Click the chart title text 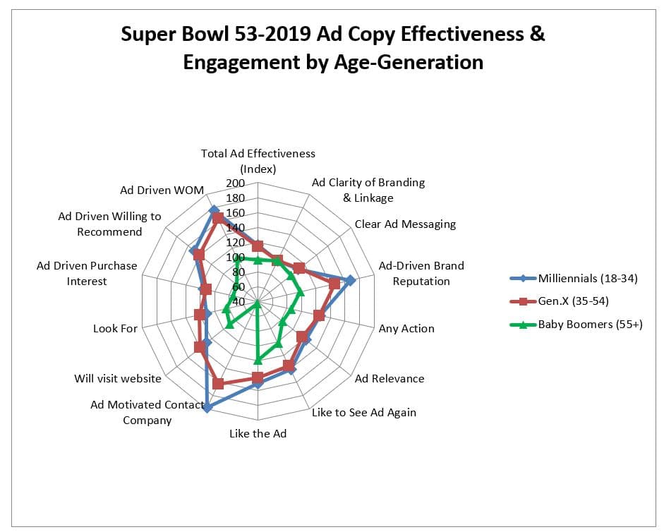point(332,48)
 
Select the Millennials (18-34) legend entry point(587,278)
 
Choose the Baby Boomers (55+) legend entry point(590,325)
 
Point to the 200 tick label point(235,183)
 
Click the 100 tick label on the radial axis point(235,258)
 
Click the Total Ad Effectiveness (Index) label point(258,161)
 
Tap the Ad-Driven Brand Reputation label point(421,273)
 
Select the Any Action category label point(406,328)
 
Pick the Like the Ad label point(258,433)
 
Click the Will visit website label point(118,378)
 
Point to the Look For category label point(115,328)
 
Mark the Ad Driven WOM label point(162,190)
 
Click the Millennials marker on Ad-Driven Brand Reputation point(351,280)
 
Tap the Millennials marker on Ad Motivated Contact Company point(207,407)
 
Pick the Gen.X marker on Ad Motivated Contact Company point(218,384)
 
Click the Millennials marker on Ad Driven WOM point(214,210)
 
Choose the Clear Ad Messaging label point(405,224)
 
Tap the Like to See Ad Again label point(364,412)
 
